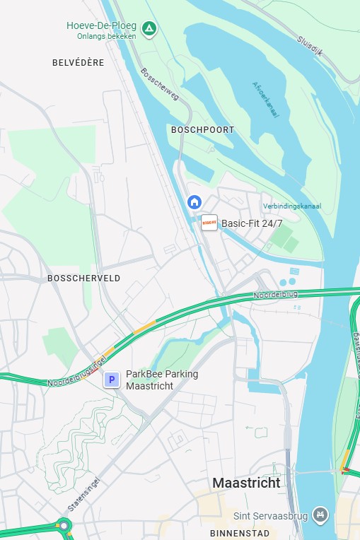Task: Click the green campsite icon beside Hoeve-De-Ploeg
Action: click(x=149, y=29)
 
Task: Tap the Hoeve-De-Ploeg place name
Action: click(x=101, y=25)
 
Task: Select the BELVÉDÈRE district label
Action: click(x=78, y=63)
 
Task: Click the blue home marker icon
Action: click(x=194, y=202)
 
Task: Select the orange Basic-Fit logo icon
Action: click(x=209, y=223)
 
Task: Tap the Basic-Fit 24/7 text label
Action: click(x=252, y=223)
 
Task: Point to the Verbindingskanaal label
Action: click(x=291, y=206)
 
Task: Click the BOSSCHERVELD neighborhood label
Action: click(x=83, y=278)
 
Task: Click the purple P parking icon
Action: click(x=111, y=380)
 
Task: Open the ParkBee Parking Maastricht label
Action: click(x=161, y=380)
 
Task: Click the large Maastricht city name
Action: click(x=246, y=483)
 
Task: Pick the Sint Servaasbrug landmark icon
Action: click(x=321, y=513)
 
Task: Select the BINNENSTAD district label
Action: click(x=240, y=532)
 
